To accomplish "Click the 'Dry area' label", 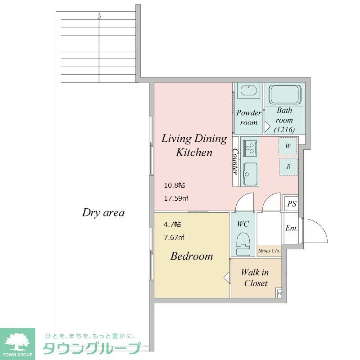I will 103,212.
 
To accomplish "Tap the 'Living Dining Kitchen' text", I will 194,145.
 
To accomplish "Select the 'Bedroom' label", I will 191,256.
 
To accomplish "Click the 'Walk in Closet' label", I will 255,278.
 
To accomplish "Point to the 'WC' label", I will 243,224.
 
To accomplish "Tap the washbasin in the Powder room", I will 248,90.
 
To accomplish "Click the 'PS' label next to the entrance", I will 292,204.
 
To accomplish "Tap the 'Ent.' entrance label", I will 292,228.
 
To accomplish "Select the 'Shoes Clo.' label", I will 269,251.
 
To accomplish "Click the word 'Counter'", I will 235,162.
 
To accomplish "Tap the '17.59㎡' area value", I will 175,198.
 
